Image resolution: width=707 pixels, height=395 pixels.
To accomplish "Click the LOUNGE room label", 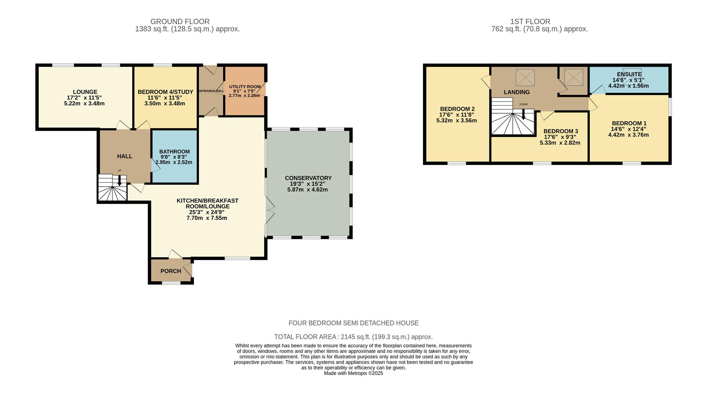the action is [x=85, y=92].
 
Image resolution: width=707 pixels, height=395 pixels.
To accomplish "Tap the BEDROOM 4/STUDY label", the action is [x=165, y=92].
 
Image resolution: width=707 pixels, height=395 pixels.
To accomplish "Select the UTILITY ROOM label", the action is [x=245, y=87].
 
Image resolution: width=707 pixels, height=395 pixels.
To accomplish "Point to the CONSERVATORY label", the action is [x=308, y=178].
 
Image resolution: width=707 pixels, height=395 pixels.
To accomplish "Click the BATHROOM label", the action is [x=175, y=152].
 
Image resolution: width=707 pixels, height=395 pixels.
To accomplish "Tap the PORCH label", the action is [x=171, y=271].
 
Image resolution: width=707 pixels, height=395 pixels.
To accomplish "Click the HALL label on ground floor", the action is [x=125, y=156].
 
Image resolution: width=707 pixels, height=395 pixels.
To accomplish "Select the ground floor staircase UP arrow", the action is [x=119, y=180].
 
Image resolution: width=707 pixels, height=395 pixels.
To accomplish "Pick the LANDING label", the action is [x=517, y=92].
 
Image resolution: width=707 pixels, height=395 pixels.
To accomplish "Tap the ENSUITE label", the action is [x=629, y=74].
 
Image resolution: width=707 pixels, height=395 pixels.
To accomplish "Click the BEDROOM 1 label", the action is [x=629, y=123].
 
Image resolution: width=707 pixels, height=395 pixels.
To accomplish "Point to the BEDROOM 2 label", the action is [x=457, y=109].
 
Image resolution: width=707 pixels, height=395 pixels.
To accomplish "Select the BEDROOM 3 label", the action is [x=561, y=131].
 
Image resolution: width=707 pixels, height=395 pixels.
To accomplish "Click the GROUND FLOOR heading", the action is [x=180, y=22].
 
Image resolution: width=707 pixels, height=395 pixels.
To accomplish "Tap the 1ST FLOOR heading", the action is [x=530, y=22].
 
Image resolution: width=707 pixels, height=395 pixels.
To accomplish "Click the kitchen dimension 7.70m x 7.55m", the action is [x=207, y=218].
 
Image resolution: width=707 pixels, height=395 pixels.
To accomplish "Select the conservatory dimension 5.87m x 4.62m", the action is [x=307, y=190].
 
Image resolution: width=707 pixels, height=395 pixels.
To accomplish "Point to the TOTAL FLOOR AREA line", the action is [x=353, y=337].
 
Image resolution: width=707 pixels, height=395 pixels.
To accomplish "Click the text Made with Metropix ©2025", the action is [x=353, y=373].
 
